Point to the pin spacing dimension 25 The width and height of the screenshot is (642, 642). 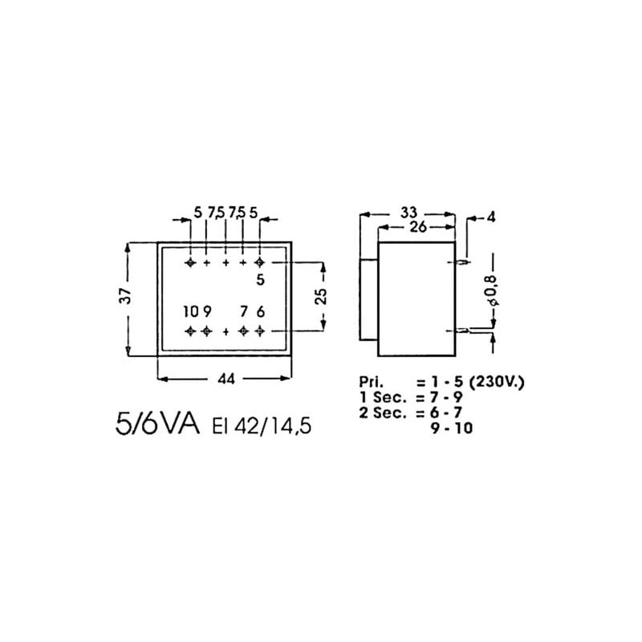tap(321, 296)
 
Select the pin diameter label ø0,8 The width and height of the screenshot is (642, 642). tap(491, 296)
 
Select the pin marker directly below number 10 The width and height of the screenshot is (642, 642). tap(190, 331)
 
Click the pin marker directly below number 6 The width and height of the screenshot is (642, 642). tap(259, 331)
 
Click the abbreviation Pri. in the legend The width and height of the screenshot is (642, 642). tap(372, 384)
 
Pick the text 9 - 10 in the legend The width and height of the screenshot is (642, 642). tap(454, 429)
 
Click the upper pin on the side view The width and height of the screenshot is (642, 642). tap(463, 262)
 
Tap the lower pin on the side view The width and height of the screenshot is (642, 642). tap(463, 330)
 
